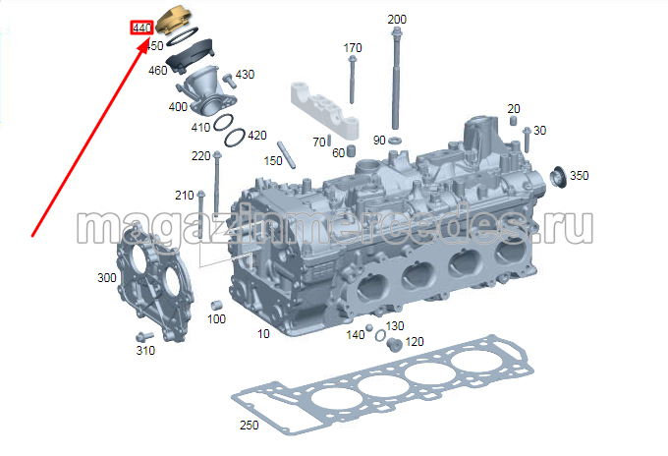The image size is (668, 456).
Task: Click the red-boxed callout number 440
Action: [141, 28]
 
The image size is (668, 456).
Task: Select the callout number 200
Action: [397, 20]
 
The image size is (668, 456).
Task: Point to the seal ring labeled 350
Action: [558, 177]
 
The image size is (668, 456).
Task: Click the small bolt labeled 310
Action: [143, 337]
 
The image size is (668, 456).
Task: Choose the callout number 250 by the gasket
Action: [250, 425]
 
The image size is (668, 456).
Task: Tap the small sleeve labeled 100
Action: [216, 305]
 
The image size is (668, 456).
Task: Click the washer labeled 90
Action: [395, 141]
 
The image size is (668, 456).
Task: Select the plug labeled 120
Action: [394, 344]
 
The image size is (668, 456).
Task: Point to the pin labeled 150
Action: [286, 154]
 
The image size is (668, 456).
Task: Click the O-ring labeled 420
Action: [235, 138]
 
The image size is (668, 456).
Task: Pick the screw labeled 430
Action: [229, 81]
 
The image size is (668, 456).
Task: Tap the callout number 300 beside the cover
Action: [107, 278]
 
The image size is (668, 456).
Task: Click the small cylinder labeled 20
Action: [514, 120]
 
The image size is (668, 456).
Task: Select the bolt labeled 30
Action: [527, 140]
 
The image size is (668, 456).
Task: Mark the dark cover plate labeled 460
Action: [190, 56]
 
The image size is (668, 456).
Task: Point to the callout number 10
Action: [263, 334]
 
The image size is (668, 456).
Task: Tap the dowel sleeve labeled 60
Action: [351, 151]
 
